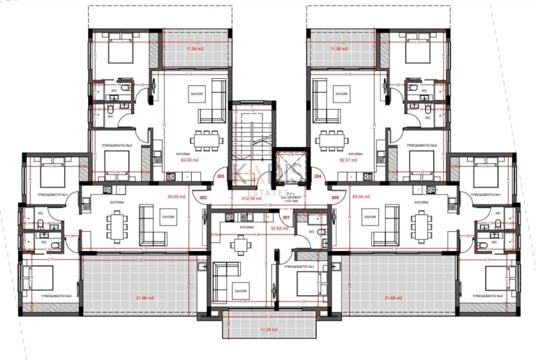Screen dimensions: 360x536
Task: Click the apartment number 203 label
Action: click(x=221, y=178)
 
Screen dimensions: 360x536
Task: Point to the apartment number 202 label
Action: click(x=203, y=198)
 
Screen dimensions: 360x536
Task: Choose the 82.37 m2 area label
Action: click(x=348, y=160)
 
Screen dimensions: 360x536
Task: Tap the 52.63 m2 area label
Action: click(x=281, y=227)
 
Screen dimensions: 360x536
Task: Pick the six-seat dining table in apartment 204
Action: click(x=330, y=138)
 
